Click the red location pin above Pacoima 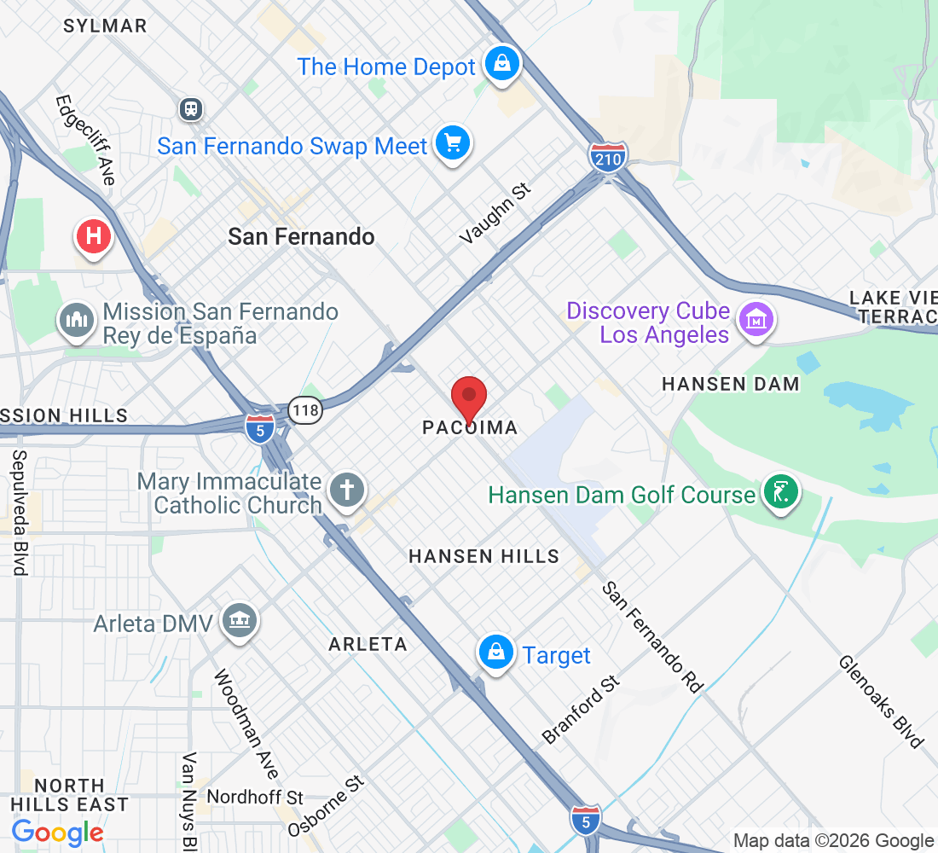(468, 397)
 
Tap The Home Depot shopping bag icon (502, 64)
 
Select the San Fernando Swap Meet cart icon (452, 143)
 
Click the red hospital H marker (94, 236)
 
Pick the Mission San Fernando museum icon (78, 321)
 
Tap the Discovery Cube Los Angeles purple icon (756, 321)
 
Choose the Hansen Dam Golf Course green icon (780, 492)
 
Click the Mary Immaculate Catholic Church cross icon (348, 490)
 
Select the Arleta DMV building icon (240, 620)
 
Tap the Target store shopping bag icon (495, 653)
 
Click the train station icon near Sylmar (191, 108)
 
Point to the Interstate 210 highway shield (607, 158)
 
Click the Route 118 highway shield (305, 410)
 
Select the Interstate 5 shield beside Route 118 (259, 426)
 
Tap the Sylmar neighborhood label (105, 26)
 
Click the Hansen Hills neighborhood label (483, 556)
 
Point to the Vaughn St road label (495, 213)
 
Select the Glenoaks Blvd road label (881, 701)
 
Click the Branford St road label (582, 708)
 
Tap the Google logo (57, 832)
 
